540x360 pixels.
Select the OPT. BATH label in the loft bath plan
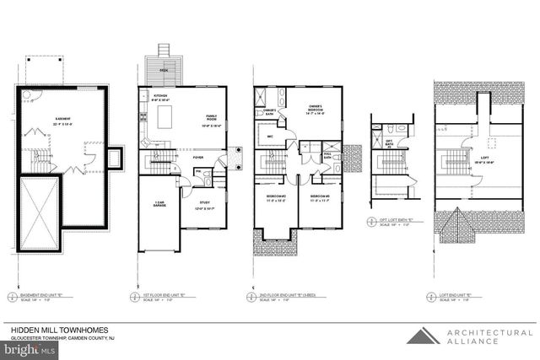[x=390, y=142]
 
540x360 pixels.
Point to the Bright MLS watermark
[x=25, y=347]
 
